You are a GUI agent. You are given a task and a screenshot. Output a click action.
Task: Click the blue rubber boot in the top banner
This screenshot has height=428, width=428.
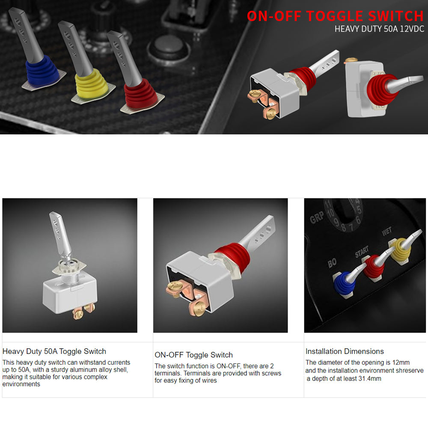tap(42, 71)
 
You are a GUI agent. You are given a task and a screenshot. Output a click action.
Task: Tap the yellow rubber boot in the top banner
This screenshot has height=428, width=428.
tap(91, 83)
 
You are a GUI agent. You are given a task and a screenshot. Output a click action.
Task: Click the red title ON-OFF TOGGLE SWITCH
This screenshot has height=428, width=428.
tap(335, 16)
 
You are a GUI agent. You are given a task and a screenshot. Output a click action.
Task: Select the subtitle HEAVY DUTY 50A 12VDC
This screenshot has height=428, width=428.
tap(379, 29)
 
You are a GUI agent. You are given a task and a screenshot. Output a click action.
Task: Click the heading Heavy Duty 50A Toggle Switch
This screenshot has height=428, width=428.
tap(54, 351)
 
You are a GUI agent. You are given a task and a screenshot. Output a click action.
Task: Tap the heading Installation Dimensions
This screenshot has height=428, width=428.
tap(345, 351)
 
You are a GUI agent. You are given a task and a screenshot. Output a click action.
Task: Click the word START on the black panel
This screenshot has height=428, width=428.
tap(362, 252)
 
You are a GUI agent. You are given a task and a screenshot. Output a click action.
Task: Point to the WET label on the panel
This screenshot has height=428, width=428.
tap(387, 232)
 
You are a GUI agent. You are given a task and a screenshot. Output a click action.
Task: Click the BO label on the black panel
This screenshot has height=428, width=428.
tap(332, 263)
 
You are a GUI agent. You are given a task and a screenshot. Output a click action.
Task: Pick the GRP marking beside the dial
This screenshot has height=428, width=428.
tap(317, 218)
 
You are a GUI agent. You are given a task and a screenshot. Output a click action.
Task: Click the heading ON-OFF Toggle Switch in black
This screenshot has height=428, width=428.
tap(193, 355)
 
